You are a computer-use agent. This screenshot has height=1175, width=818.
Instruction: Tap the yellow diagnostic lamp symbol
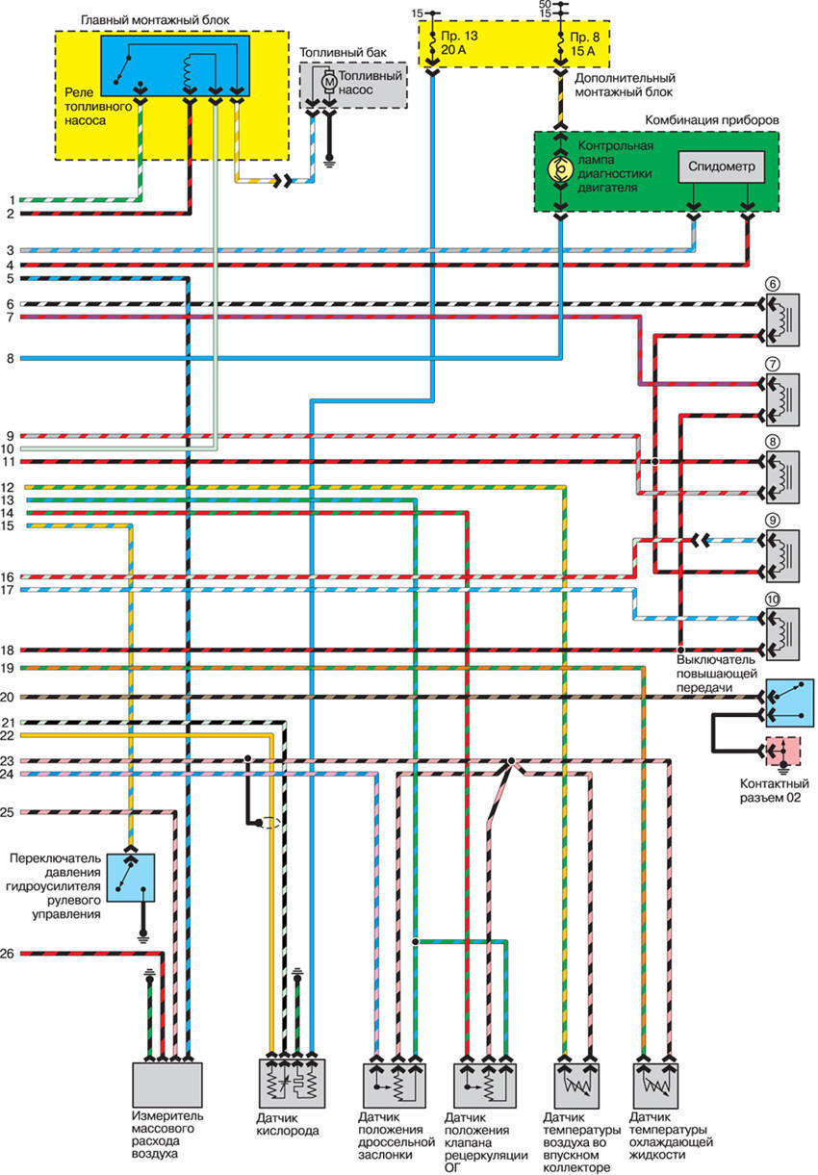558,170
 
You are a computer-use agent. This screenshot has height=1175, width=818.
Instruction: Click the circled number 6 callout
772,284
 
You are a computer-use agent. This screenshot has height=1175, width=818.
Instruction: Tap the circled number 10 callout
773,599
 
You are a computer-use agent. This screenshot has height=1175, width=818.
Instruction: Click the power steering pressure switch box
134,876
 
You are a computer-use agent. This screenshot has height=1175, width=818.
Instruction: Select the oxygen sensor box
293,1085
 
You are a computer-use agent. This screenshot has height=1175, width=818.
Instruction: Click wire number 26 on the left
8,955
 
